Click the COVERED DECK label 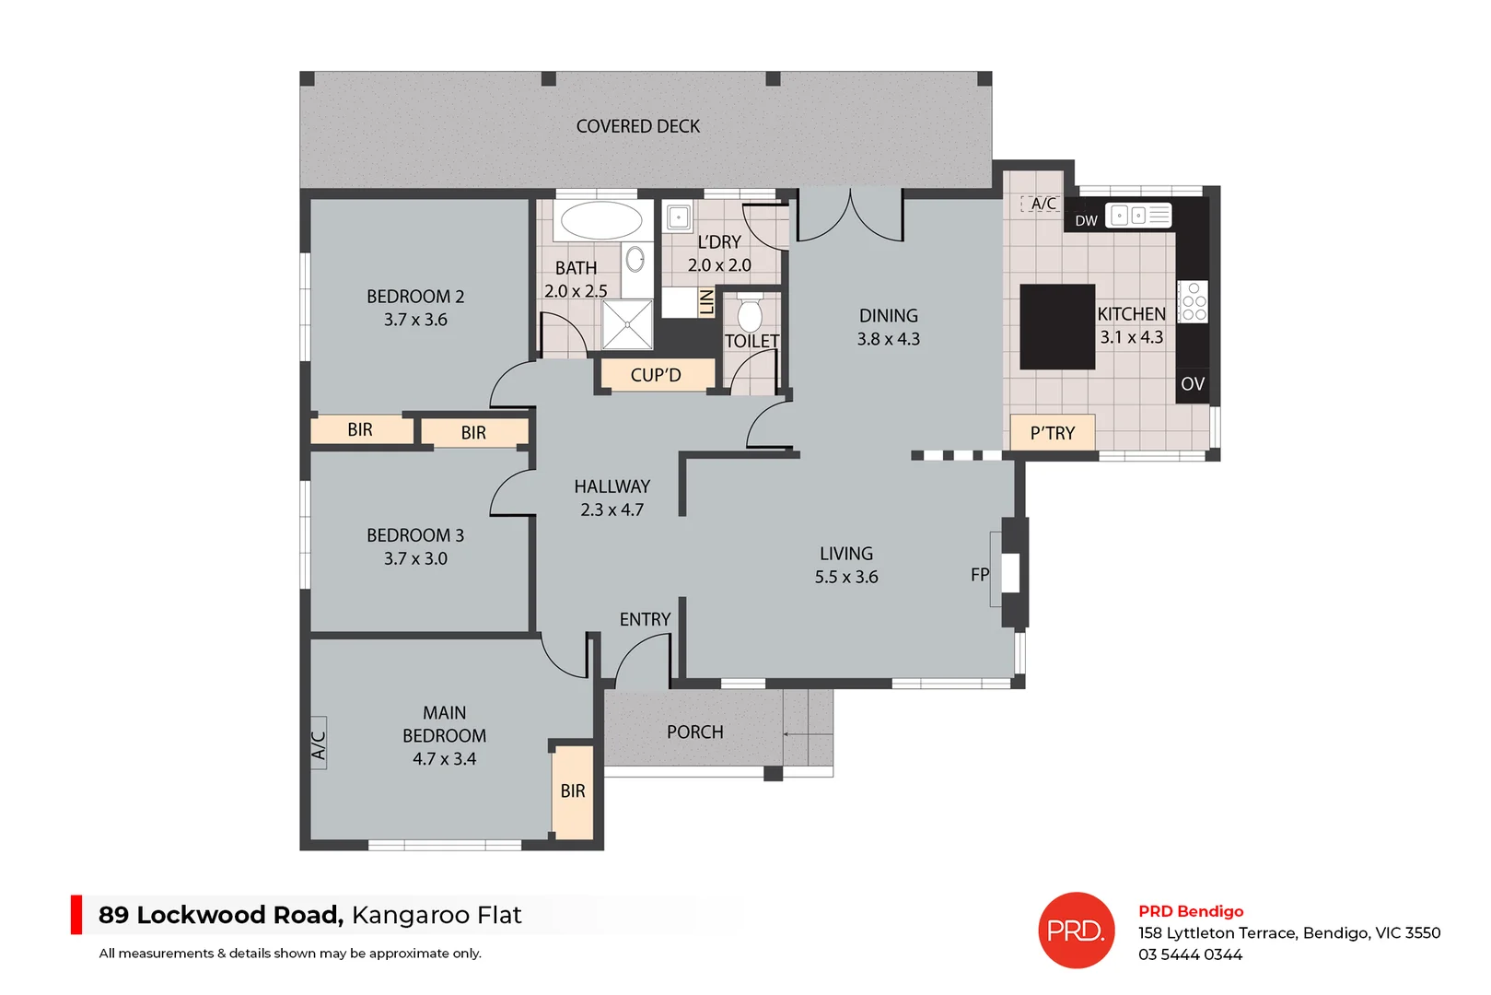(637, 126)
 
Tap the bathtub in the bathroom (601, 221)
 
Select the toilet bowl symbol (750, 315)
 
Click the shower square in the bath (627, 324)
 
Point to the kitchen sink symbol (1138, 216)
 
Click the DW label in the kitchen (1086, 221)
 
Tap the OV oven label (1193, 384)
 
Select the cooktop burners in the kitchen (1194, 302)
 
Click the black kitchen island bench (1057, 326)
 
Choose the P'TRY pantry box (1053, 433)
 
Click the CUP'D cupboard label (656, 375)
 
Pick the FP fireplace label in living (979, 575)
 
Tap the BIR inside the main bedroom (573, 791)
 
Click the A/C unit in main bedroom (319, 743)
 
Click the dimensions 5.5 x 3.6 (845, 578)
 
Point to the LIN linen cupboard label (706, 302)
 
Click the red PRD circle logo (1076, 931)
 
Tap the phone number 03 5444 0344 (1190, 954)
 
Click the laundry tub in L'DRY (679, 217)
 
